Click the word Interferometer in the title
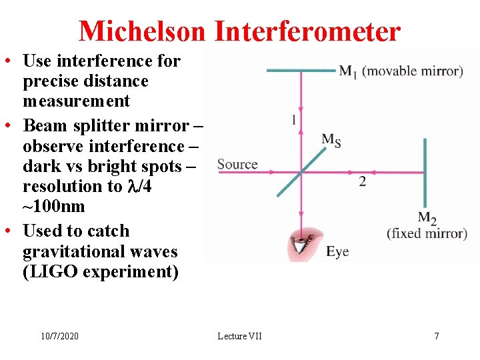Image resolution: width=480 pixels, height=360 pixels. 307,31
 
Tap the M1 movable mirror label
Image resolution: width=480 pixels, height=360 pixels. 401,71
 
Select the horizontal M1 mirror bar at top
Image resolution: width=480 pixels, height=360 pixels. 300,70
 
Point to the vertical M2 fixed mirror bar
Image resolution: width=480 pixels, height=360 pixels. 425,173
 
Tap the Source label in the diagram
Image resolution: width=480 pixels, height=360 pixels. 237,164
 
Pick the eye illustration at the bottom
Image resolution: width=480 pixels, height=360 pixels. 303,245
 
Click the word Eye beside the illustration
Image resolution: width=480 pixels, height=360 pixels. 337,251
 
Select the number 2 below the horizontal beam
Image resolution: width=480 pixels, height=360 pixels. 362,181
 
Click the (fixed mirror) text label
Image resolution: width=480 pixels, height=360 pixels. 427,233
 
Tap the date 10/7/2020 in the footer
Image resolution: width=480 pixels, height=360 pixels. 59,335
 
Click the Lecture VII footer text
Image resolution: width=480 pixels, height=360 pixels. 240,335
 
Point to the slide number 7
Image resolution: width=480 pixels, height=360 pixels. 437,335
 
